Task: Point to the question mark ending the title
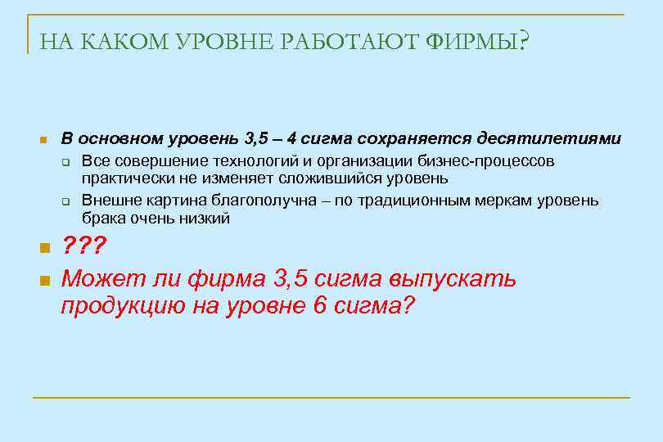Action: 524,40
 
